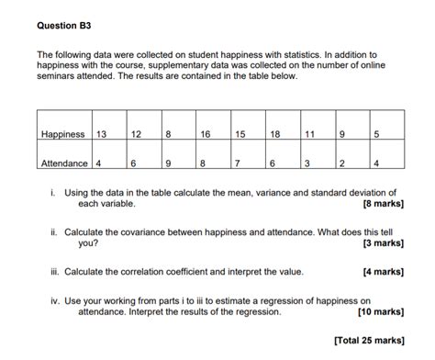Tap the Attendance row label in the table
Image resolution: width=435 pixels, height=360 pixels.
pos(64,163)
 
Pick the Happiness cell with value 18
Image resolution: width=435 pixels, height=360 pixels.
pos(275,134)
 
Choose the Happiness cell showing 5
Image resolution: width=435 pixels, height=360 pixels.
pos(376,134)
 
